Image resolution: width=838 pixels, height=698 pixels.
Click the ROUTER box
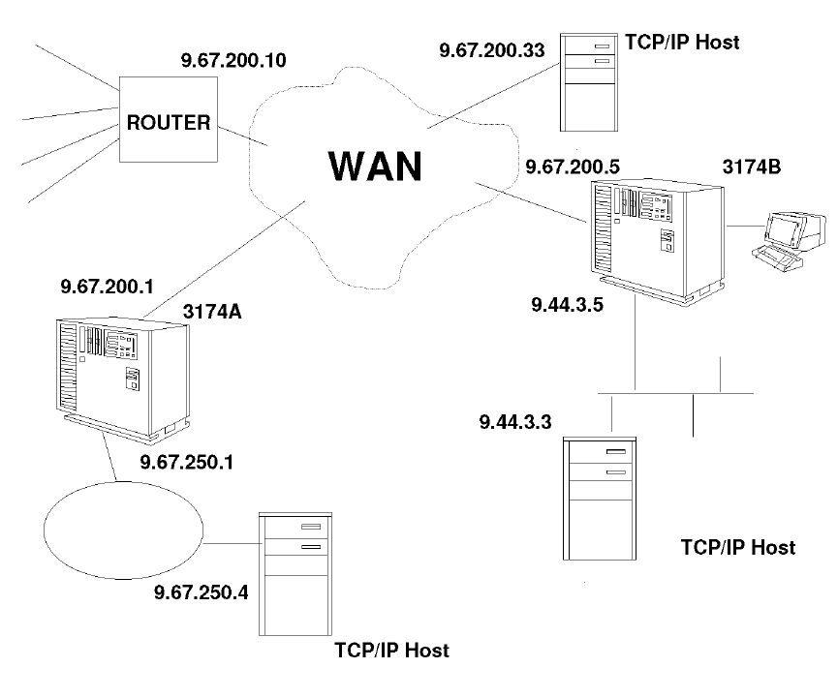[166, 123]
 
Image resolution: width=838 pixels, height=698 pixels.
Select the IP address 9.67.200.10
[233, 61]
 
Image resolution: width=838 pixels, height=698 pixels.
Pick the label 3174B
[751, 166]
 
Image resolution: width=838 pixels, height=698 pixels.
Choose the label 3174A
[212, 311]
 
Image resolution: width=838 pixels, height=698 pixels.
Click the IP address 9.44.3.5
[567, 305]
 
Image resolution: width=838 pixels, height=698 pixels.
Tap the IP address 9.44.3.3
[515, 422]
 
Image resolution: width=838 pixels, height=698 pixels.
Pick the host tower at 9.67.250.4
[298, 572]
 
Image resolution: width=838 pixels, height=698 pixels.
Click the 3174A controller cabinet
[121, 373]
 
